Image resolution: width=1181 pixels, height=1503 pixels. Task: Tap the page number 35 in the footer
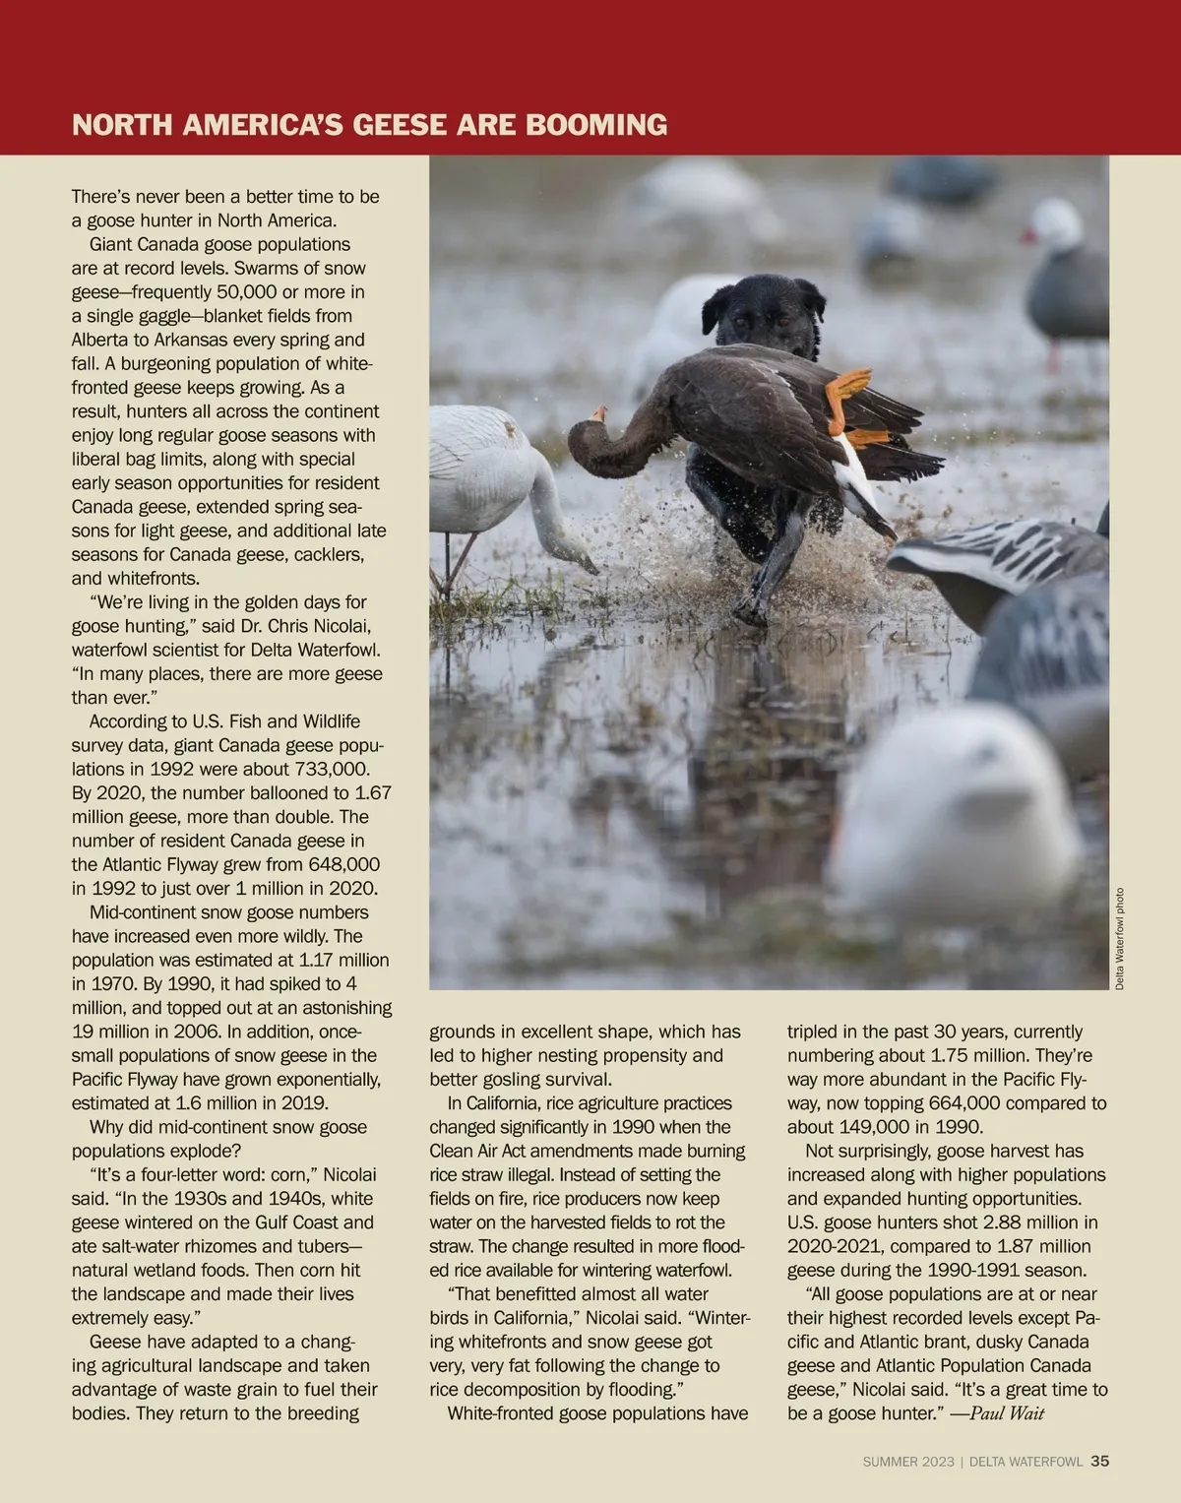pyautogui.click(x=1099, y=1462)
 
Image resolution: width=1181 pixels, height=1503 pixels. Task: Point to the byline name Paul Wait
pyautogui.click(x=1007, y=1413)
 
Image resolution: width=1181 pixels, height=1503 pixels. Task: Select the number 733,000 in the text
pyautogui.click(x=335, y=769)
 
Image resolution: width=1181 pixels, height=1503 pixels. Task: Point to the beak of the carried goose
pyautogui.click(x=598, y=414)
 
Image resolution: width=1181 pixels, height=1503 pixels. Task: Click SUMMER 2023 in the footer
pyautogui.click(x=907, y=1463)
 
